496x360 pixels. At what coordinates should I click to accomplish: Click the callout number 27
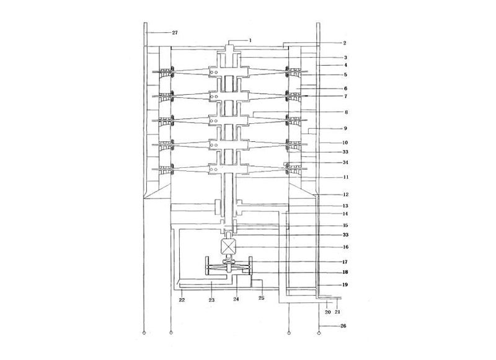175,33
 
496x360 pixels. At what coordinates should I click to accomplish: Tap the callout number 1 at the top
250,40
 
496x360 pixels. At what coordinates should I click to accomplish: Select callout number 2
345,43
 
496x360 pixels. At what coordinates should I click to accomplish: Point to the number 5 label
345,74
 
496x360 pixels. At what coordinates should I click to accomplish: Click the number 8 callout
347,112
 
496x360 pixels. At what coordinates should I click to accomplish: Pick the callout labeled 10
345,143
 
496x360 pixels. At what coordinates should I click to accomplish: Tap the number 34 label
345,162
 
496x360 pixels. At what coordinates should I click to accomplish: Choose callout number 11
346,177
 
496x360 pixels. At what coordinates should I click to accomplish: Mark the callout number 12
346,195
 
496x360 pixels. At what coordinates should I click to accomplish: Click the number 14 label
345,214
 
